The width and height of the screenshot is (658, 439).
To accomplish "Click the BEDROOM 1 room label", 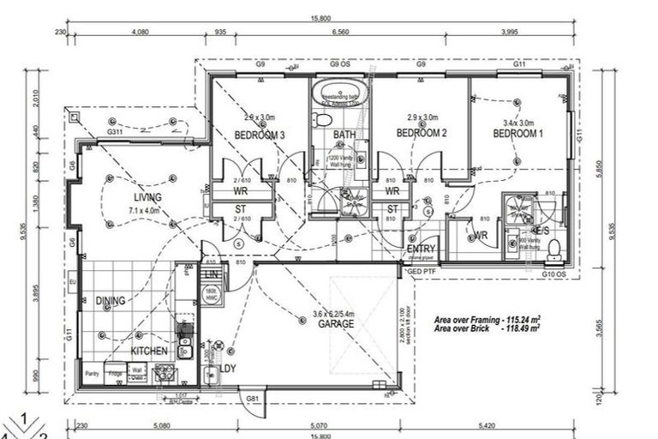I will point(517,134).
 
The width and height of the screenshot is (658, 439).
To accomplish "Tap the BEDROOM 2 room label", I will point(422,133).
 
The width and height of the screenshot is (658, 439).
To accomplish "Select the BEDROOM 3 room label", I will point(260,135).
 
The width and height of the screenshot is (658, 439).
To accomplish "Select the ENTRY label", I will point(422,250).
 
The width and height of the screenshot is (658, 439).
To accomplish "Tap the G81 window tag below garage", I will point(253,398).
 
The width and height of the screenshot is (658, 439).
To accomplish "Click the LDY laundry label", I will point(227,368).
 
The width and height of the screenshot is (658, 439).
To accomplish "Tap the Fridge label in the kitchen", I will point(115,372).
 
